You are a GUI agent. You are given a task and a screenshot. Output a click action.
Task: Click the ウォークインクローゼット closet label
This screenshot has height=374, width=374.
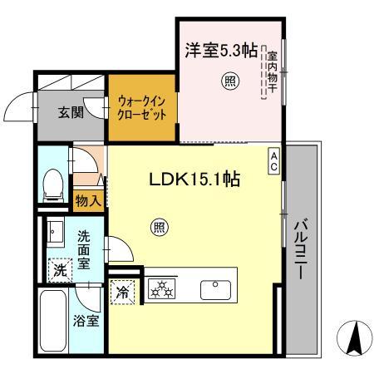click(142, 109)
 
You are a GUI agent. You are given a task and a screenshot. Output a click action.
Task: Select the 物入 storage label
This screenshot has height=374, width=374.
click(87, 200)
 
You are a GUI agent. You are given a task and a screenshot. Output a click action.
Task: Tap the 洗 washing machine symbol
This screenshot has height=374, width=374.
click(59, 269)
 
